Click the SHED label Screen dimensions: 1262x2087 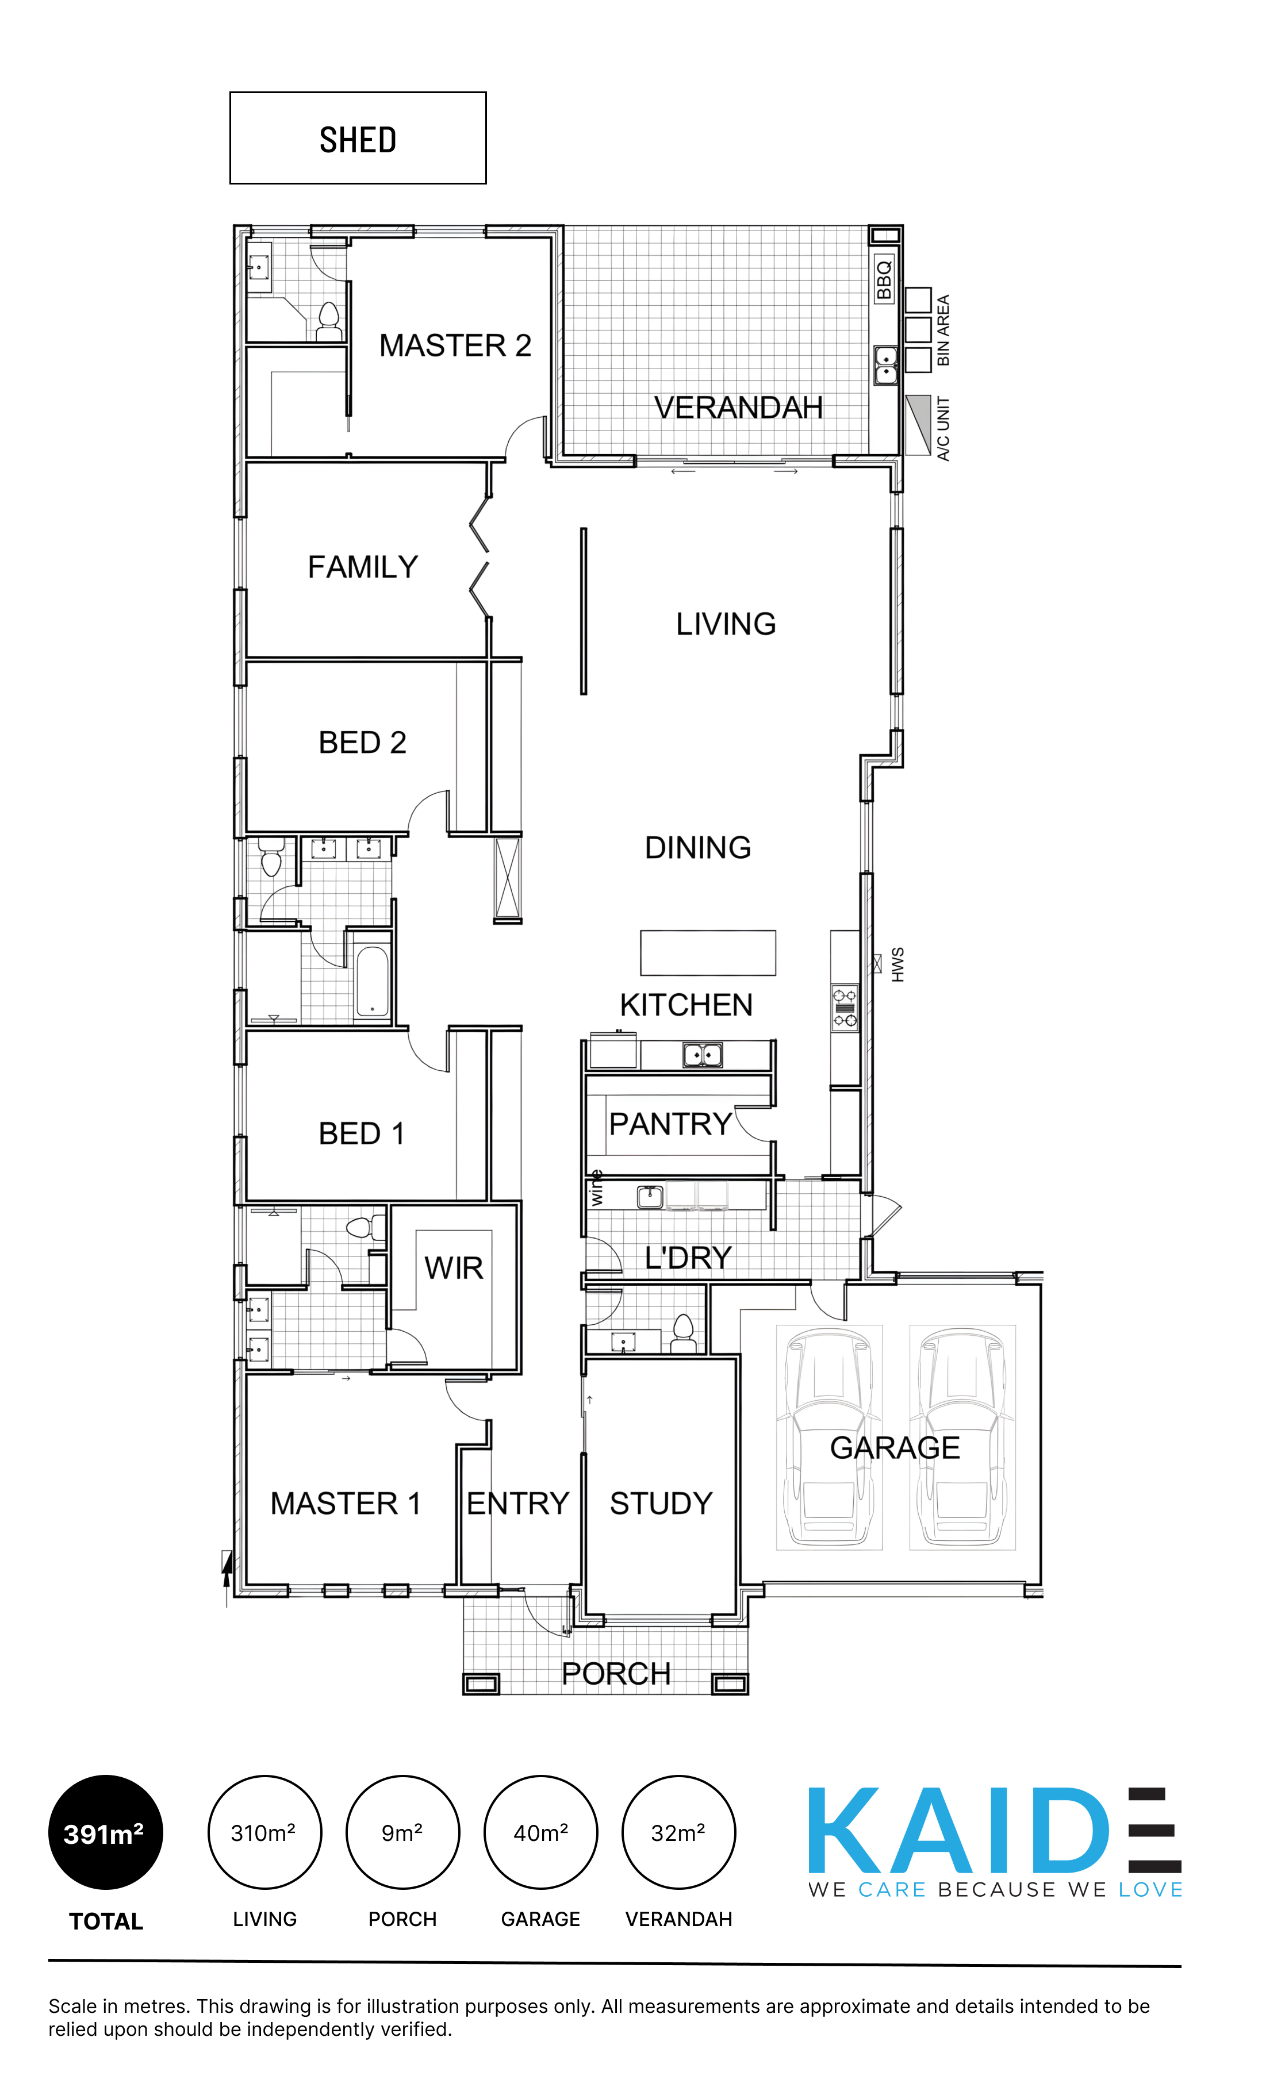358,140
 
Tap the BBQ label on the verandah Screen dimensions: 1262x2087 883,279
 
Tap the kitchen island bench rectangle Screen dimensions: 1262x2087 707,953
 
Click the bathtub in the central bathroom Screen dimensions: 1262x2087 372,981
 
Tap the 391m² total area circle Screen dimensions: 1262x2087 105,1831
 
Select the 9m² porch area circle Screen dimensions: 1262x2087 402,1831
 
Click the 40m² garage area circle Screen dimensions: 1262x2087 540,1831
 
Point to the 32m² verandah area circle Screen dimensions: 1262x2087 678,1831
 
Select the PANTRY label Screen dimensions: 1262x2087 670,1124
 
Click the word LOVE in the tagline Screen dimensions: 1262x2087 1150,1890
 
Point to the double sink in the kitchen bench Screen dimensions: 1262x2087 702,1055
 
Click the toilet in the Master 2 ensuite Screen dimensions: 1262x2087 329,322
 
